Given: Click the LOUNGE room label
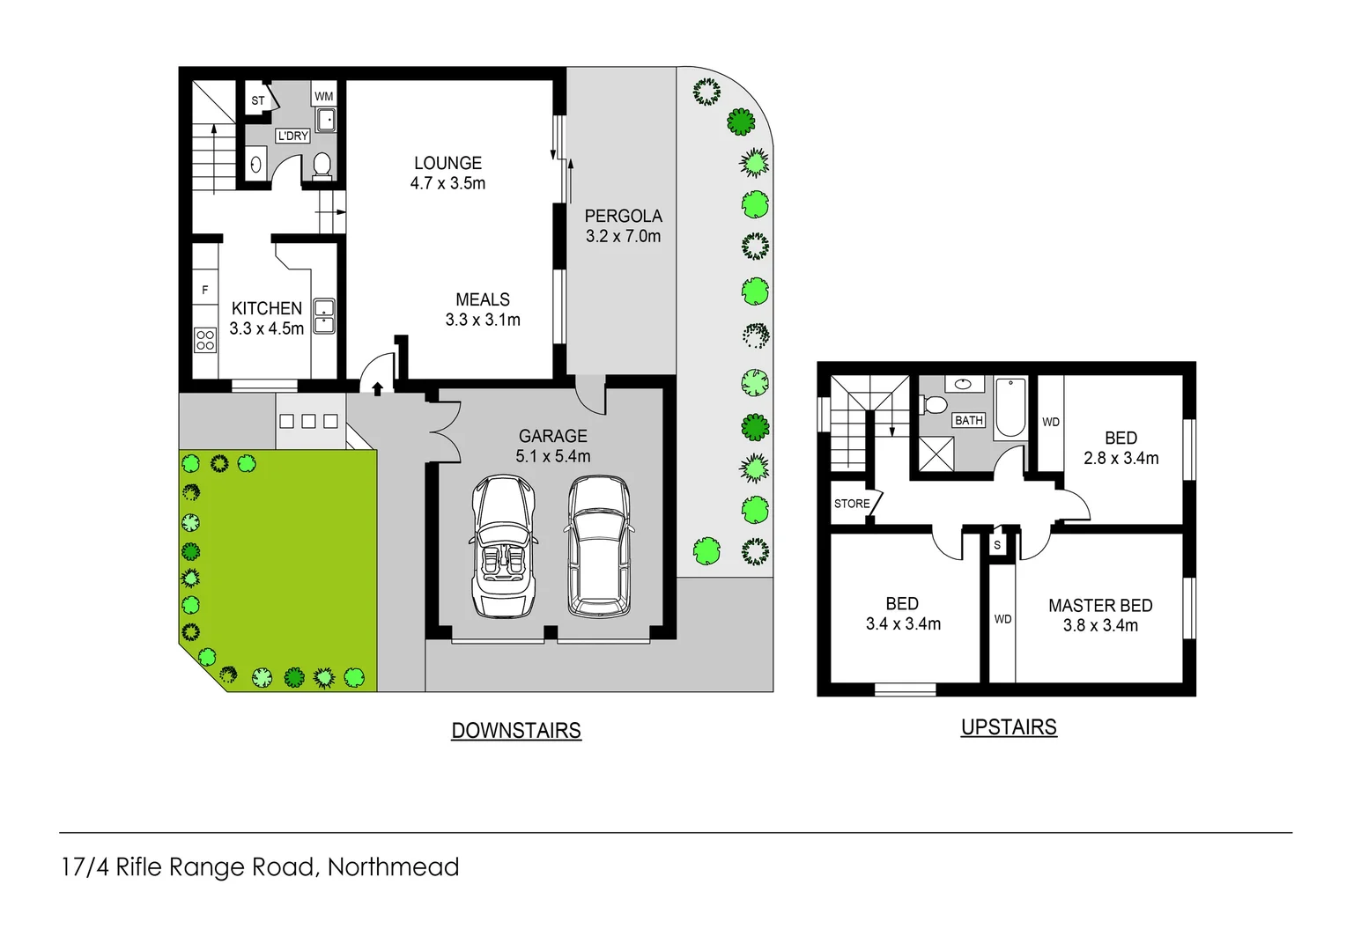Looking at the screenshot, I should [447, 164].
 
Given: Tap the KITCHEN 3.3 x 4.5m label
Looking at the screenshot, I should [266, 318].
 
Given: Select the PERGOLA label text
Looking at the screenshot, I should [623, 217].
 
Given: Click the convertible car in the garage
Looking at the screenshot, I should [503, 546].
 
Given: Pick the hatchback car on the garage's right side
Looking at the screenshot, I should [598, 546].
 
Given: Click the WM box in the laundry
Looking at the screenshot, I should [324, 96].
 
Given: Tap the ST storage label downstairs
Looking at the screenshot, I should [257, 100].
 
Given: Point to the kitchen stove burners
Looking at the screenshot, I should [205, 340].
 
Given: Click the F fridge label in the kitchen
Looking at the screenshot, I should [205, 290].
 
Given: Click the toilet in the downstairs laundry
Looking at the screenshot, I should [322, 165].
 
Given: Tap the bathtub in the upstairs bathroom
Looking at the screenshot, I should [1010, 407].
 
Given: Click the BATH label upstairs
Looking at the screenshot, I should [968, 421].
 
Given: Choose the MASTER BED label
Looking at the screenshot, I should [1100, 606].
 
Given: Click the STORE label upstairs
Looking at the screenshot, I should [851, 504].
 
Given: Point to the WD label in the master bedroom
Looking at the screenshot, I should [1002, 619].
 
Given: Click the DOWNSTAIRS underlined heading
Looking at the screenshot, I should [516, 731].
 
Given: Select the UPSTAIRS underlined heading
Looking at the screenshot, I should [1009, 727].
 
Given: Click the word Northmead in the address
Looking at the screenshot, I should [393, 867].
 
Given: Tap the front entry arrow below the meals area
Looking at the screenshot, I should [377, 387].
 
